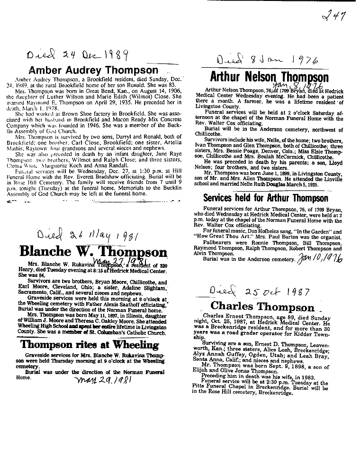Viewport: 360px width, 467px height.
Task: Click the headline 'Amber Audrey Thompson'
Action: [x=93, y=68]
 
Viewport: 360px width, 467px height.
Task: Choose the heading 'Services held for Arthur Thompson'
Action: [x=265, y=198]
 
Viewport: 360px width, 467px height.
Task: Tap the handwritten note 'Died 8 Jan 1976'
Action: [x=274, y=60]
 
